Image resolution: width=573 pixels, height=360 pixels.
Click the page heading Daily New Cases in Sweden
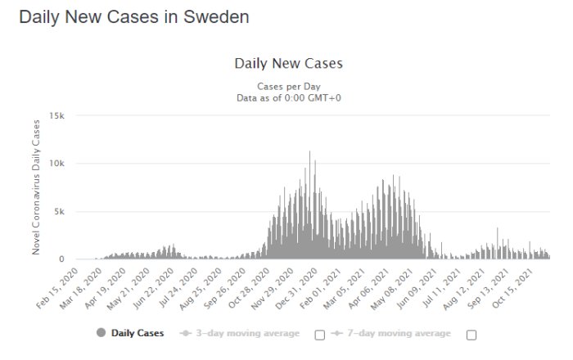pyautogui.click(x=133, y=17)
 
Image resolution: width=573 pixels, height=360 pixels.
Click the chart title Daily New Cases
pyautogui.click(x=288, y=63)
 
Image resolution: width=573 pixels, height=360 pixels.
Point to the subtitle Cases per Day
pyautogui.click(x=288, y=86)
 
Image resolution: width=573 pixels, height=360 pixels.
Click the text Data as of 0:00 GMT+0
pyautogui.click(x=288, y=97)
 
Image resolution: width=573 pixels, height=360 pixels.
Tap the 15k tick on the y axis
pyautogui.click(x=56, y=115)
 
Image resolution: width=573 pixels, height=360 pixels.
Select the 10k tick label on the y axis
pyautogui.click(x=56, y=164)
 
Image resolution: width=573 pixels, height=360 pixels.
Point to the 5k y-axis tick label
pyautogui.click(x=59, y=211)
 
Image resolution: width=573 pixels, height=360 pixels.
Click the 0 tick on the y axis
pyautogui.click(x=61, y=259)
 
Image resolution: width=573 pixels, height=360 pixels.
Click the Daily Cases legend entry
pyautogui.click(x=131, y=333)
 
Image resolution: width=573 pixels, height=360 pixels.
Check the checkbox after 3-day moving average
pyautogui.click(x=320, y=334)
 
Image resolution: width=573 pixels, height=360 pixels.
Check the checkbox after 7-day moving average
pyautogui.click(x=471, y=334)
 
